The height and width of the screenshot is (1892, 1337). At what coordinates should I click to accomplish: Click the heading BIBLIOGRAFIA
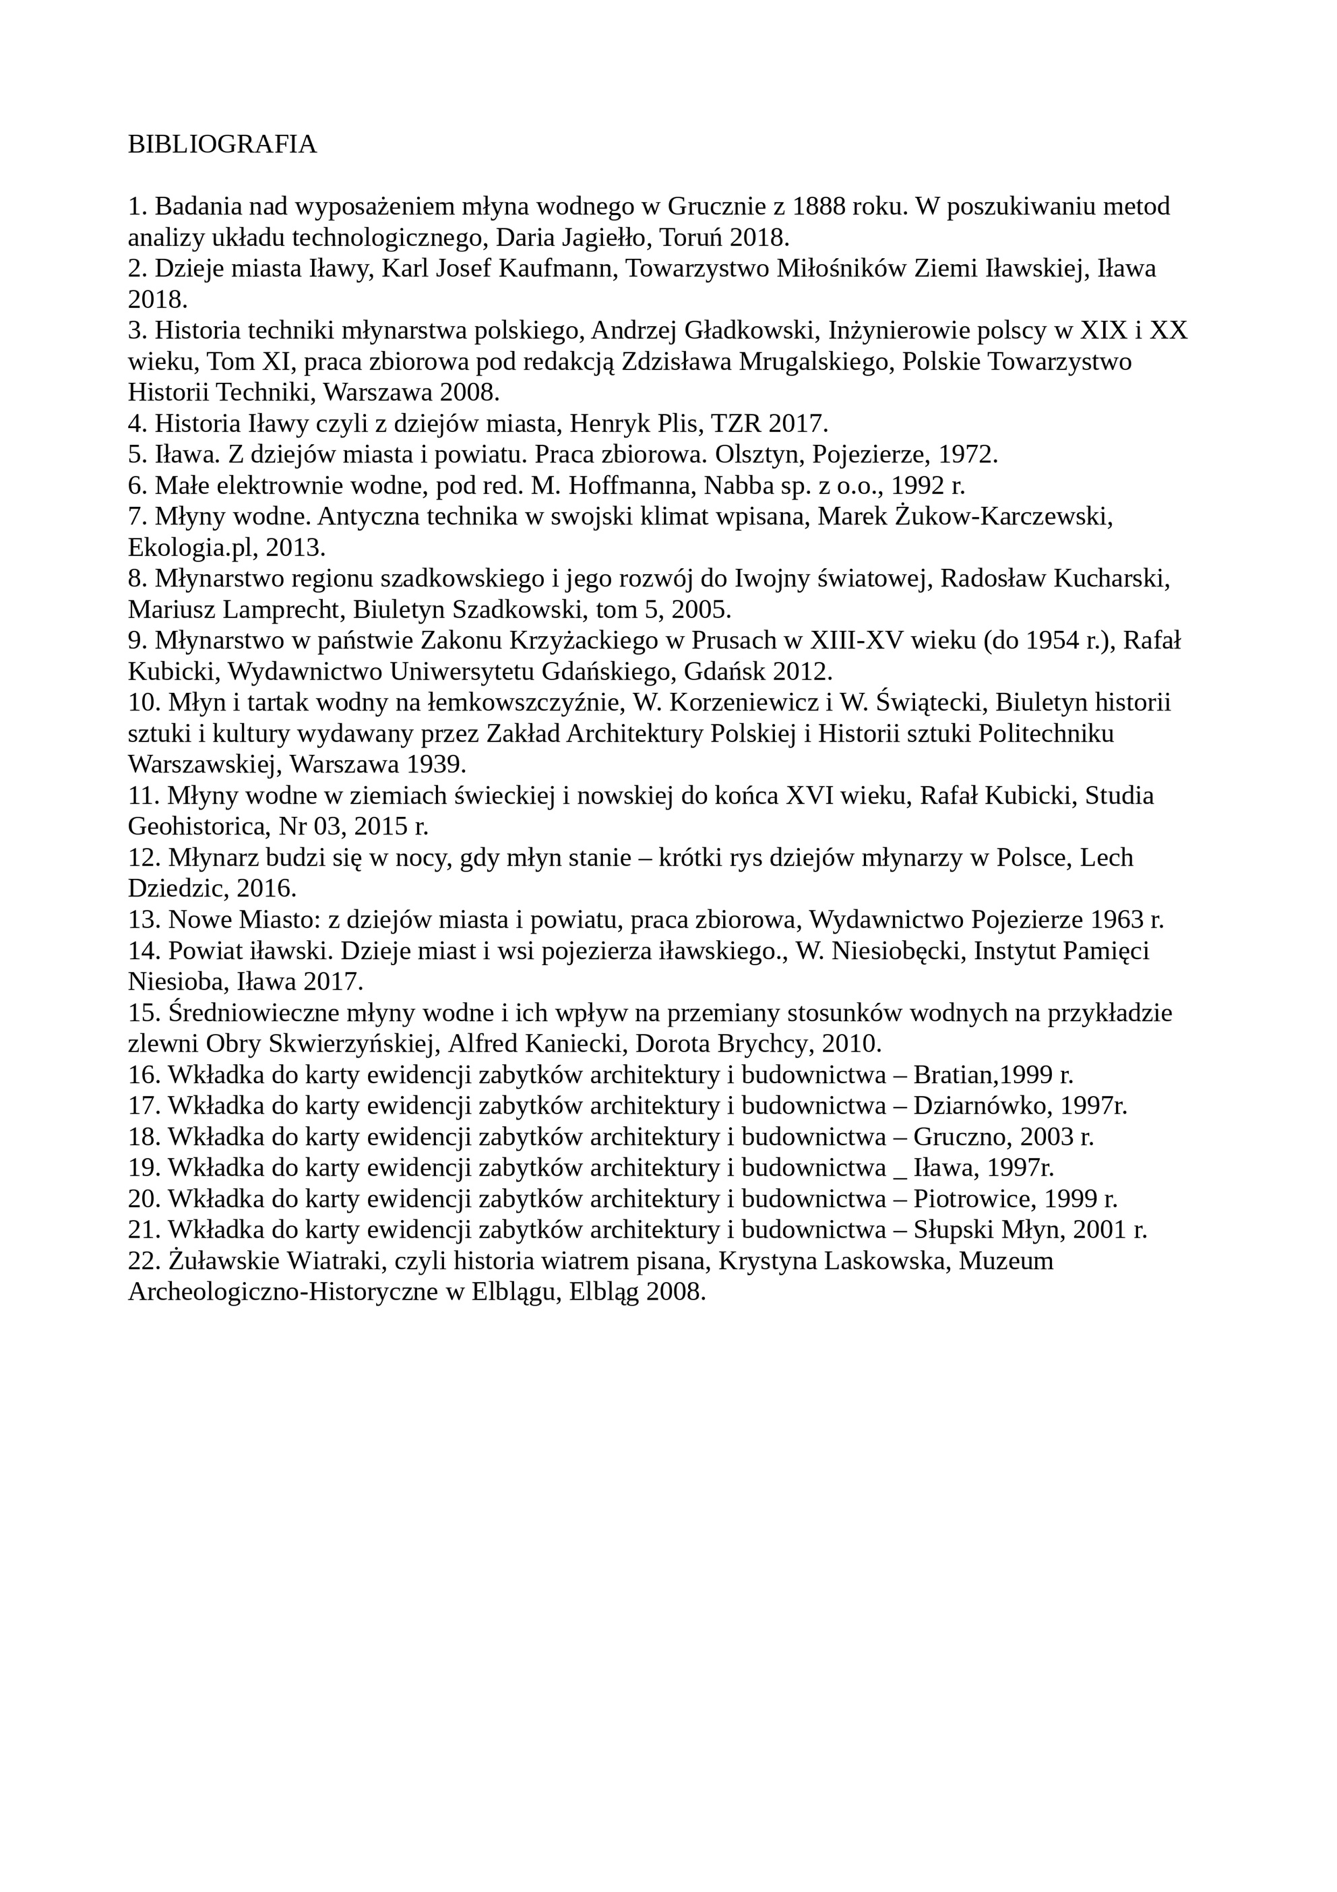222,144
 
